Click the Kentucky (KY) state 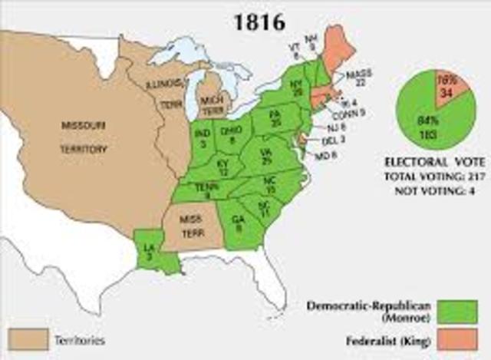tap(222, 169)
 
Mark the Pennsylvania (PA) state tap(277, 121)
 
